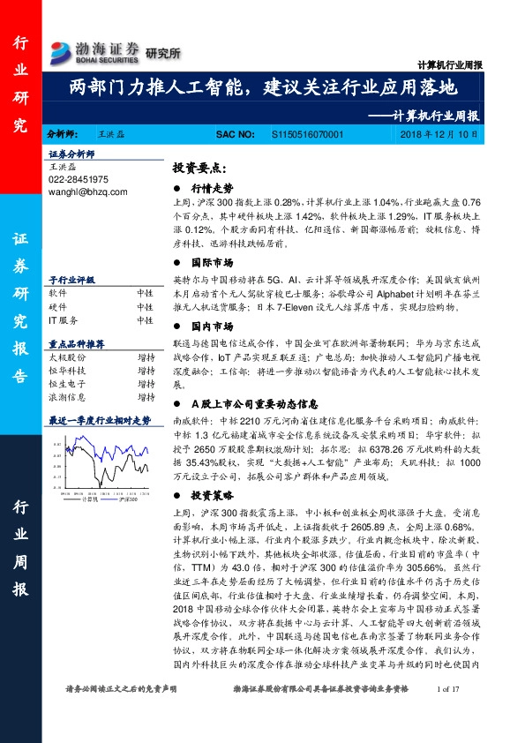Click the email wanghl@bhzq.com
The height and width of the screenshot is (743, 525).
[87, 191]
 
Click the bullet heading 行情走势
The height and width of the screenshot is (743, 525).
[208, 188]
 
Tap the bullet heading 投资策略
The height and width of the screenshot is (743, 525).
[208, 494]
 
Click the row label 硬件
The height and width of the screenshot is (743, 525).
[57, 305]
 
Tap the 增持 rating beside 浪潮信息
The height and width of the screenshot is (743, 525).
[146, 399]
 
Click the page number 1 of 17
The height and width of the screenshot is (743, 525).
[451, 713]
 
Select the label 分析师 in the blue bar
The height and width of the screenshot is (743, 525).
[61, 133]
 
